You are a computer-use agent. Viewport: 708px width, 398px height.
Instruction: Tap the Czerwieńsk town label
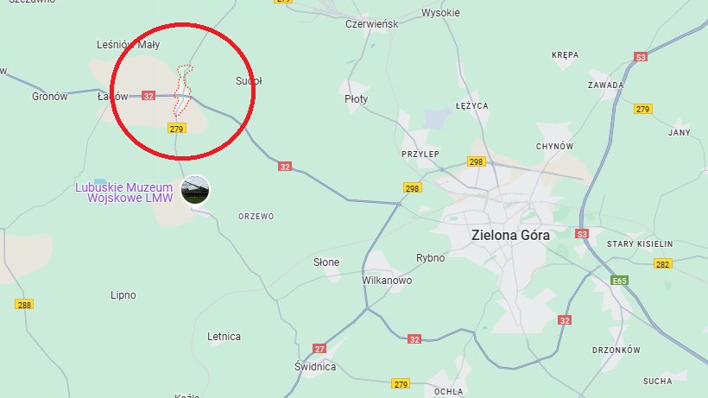click(371, 24)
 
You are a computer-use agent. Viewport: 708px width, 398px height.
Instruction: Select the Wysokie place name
click(440, 13)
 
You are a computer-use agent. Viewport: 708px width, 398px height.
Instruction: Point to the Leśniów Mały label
click(130, 44)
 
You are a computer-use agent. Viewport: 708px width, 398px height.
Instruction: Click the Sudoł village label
click(249, 81)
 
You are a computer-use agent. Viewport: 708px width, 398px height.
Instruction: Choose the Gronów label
click(49, 97)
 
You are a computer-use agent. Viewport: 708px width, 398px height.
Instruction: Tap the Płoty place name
click(356, 99)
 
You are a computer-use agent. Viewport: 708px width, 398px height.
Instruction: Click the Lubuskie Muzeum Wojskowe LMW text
click(123, 192)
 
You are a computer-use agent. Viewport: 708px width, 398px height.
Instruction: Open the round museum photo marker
click(194, 191)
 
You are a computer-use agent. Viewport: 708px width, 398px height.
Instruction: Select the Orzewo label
click(256, 217)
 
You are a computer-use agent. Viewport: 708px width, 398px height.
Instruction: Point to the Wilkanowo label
click(387, 281)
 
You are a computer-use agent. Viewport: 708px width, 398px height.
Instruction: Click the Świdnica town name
click(314, 367)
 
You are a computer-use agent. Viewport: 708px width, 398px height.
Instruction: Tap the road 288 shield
click(24, 304)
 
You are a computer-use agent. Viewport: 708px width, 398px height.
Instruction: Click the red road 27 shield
click(319, 348)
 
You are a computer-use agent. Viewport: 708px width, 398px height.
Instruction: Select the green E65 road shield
click(618, 281)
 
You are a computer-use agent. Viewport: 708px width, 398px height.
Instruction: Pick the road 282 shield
click(662, 264)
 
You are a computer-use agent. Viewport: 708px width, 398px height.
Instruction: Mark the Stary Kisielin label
click(639, 244)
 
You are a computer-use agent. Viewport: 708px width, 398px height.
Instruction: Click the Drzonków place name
click(616, 350)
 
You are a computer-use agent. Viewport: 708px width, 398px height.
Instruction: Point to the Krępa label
click(565, 54)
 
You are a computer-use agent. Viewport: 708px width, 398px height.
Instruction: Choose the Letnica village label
click(224, 337)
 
